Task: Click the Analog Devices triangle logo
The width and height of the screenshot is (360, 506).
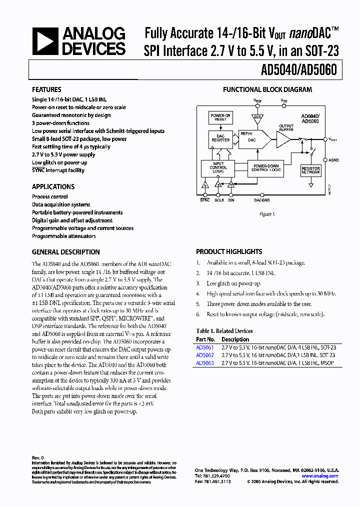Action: click(x=46, y=41)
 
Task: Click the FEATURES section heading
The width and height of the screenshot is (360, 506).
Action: click(x=46, y=89)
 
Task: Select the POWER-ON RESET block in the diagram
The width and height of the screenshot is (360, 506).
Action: click(x=220, y=117)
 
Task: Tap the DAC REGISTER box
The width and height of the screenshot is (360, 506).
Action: click(x=220, y=138)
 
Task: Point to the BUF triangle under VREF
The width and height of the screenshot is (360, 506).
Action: click(x=257, y=117)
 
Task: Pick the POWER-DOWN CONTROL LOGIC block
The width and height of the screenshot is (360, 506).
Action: click(x=265, y=167)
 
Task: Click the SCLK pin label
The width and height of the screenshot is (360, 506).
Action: click(x=219, y=200)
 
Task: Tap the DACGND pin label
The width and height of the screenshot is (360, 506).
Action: click(x=261, y=200)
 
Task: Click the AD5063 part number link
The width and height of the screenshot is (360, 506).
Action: click(x=204, y=363)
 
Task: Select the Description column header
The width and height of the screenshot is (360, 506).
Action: click(x=235, y=339)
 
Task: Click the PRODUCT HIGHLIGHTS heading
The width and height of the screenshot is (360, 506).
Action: click(x=229, y=252)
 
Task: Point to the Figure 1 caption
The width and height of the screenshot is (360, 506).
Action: click(x=267, y=214)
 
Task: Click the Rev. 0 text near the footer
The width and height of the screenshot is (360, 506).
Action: click(x=38, y=457)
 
